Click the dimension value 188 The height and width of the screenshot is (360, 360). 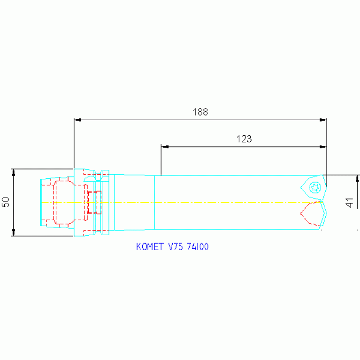click(200, 112)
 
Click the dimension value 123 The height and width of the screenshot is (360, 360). click(244, 139)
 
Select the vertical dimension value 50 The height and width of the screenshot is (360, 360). click(6, 202)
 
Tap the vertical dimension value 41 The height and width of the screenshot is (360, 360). click(349, 202)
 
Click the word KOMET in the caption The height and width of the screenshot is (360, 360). click(150, 247)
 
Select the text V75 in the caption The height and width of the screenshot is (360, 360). click(176, 247)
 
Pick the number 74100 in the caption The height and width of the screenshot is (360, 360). click(198, 247)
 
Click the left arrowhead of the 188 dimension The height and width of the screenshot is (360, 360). click(78, 120)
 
